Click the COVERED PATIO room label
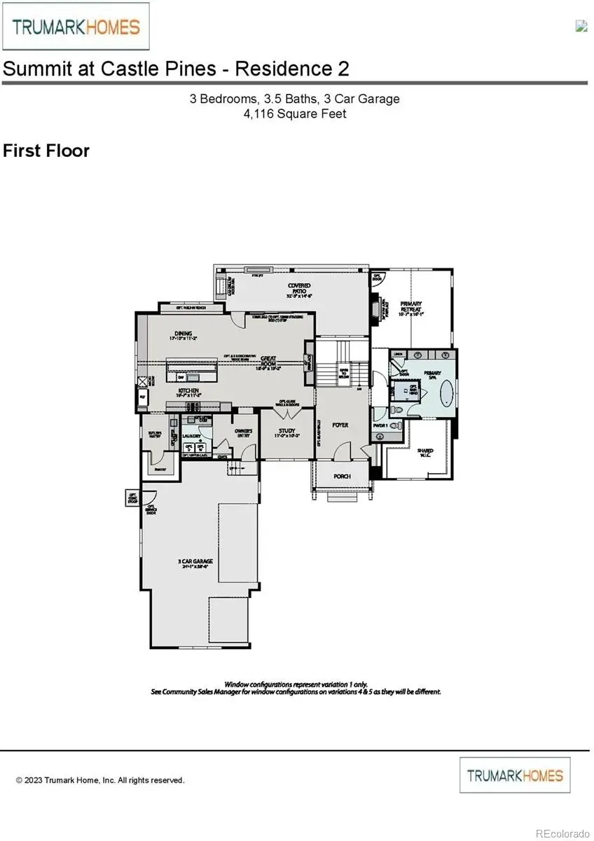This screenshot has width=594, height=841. [x=298, y=289]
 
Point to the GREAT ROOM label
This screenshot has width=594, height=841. [x=268, y=361]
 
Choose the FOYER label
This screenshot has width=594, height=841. [x=340, y=425]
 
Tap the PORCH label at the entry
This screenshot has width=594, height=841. [x=342, y=477]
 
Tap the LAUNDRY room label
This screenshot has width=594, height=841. [x=192, y=436]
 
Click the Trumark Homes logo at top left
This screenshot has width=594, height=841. [x=76, y=27]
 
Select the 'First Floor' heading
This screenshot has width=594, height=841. [x=46, y=151]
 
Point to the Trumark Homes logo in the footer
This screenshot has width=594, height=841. [x=515, y=775]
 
